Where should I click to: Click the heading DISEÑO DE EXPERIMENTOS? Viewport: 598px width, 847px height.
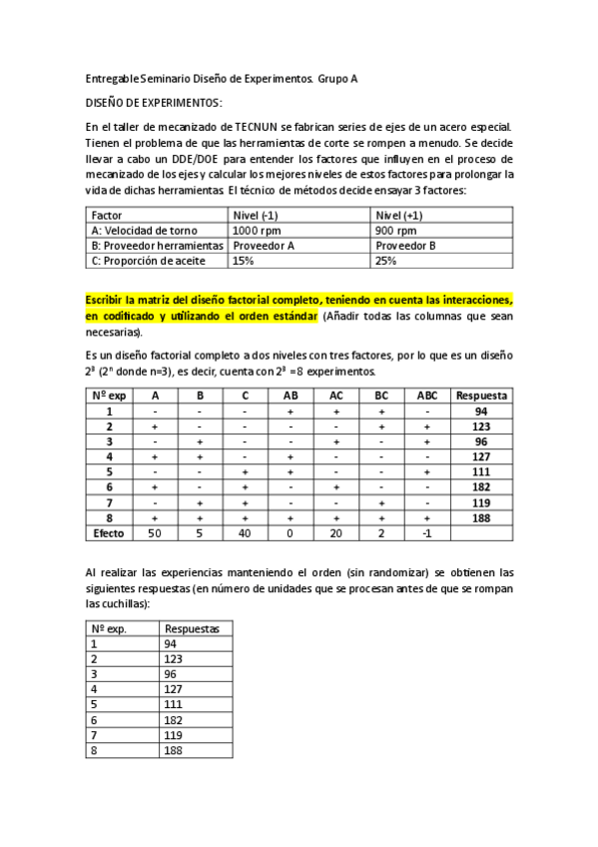point(154,103)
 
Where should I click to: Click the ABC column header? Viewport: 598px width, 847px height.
point(426,395)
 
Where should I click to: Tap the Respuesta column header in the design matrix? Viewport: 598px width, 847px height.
point(481,395)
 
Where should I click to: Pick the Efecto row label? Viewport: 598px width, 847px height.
point(109,533)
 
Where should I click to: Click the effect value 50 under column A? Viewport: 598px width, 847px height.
point(155,533)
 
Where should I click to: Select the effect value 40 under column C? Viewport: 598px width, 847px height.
point(245,533)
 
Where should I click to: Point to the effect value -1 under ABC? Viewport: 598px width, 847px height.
point(426,533)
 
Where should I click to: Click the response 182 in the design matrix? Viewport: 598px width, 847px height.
point(481,487)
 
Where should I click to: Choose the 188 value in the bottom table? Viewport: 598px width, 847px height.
point(174,751)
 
